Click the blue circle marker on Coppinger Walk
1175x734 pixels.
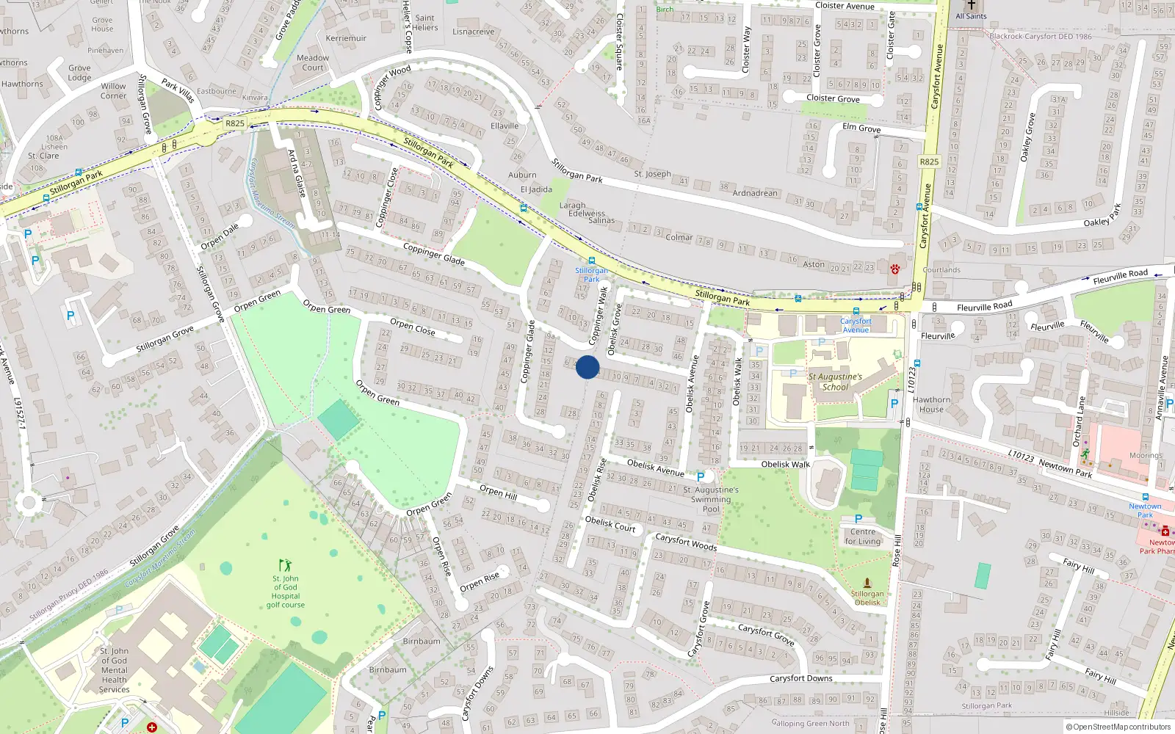point(587,367)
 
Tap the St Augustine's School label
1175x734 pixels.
point(835,382)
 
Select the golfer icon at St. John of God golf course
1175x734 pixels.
point(285,565)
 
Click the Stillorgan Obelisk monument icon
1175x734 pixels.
point(867,583)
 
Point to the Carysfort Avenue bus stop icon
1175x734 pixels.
point(856,311)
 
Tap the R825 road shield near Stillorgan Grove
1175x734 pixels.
point(235,123)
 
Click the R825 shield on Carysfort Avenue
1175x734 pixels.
point(929,161)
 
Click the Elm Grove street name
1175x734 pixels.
point(861,128)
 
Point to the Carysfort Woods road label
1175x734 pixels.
point(686,542)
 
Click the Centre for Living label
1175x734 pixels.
point(862,537)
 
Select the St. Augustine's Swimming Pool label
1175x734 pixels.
point(710,499)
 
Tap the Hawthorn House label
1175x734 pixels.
point(931,404)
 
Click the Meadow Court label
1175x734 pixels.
point(313,62)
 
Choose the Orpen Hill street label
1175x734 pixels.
point(498,492)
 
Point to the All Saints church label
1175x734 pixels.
point(971,16)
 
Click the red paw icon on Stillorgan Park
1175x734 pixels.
point(895,269)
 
